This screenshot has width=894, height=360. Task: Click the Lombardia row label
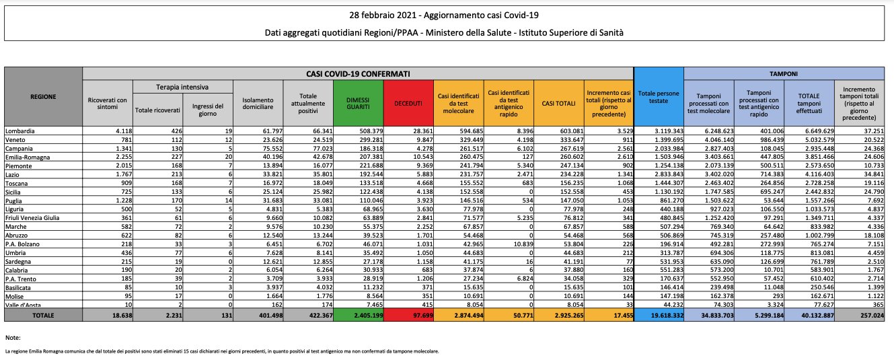tap(20, 130)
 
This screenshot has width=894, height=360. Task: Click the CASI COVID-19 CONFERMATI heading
tap(358, 73)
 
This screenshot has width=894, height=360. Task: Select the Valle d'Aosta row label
tap(22, 304)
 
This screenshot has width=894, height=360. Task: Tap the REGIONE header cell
tap(43, 96)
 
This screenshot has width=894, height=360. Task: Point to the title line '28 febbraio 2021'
tap(447, 15)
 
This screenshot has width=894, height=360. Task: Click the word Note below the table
tap(12, 336)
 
